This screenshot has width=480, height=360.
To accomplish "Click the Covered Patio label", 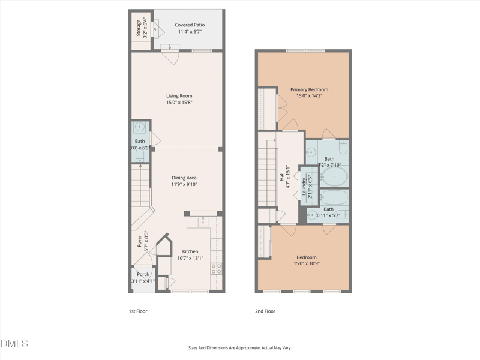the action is [x=190, y=25].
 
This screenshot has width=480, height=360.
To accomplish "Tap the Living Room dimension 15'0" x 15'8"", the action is [x=179, y=103].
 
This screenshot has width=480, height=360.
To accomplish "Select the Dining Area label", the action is [x=184, y=178].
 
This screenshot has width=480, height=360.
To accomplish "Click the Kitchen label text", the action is [x=190, y=251].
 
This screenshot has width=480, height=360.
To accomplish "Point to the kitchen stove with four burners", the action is [x=216, y=269].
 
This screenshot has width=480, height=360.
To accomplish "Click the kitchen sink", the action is [x=203, y=222].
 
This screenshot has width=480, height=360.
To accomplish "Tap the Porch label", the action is [x=143, y=274].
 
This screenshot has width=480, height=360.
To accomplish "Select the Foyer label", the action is [x=140, y=241].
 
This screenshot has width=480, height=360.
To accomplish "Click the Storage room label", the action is [x=139, y=28].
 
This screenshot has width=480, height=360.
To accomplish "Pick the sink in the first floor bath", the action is [x=140, y=127].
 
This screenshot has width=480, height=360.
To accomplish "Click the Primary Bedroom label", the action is [x=309, y=89].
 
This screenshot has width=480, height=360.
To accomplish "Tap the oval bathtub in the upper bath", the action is [x=335, y=176].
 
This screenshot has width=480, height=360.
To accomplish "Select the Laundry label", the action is [x=304, y=187].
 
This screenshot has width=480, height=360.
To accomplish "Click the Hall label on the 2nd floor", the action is [x=281, y=176].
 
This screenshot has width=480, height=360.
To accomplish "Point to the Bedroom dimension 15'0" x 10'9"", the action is [x=307, y=263].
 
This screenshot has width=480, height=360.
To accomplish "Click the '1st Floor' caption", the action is [x=138, y=311].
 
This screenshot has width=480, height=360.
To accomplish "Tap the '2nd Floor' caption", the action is [x=265, y=311].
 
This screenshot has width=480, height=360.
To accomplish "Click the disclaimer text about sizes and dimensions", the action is [x=239, y=348].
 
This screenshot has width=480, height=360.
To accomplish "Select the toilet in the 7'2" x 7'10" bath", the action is [x=343, y=147].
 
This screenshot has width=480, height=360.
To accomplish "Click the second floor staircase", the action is [x=267, y=178].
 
